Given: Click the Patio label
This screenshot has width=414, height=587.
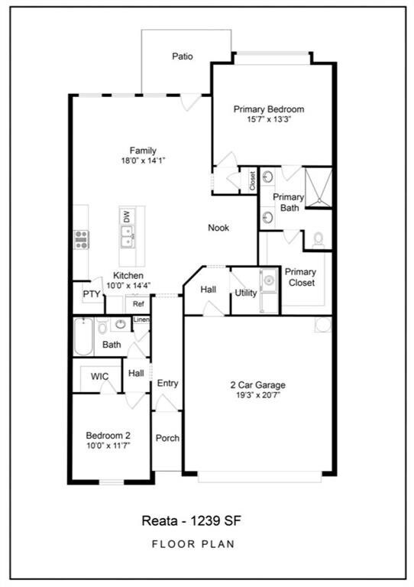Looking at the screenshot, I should pyautogui.click(x=182, y=57).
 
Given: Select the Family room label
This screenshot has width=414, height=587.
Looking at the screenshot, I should pyautogui.click(x=143, y=150).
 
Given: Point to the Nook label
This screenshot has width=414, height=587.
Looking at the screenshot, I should pyautogui.click(x=218, y=227).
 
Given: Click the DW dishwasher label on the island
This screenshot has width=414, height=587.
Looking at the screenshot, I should pyautogui.click(x=126, y=217).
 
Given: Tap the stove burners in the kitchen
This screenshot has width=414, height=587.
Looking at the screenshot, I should pyautogui.click(x=81, y=239).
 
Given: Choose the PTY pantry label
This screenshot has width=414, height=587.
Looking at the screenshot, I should pyautogui.click(x=92, y=293).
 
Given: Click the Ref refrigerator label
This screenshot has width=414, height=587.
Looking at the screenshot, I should pyautogui.click(x=138, y=303).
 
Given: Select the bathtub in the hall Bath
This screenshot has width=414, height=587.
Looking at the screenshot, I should pyautogui.click(x=82, y=336).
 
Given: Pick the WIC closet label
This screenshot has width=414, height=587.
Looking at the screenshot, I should pyautogui.click(x=100, y=377).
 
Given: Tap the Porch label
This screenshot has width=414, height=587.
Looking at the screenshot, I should pyautogui.click(x=167, y=438).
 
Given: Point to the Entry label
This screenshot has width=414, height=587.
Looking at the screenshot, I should pyautogui.click(x=167, y=383).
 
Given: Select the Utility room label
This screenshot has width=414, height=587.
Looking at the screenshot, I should pyautogui.click(x=245, y=293).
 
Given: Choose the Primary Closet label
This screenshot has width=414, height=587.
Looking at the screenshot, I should pyautogui.click(x=300, y=277).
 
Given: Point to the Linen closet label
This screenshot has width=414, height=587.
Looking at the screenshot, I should pyautogui.click(x=141, y=319).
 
